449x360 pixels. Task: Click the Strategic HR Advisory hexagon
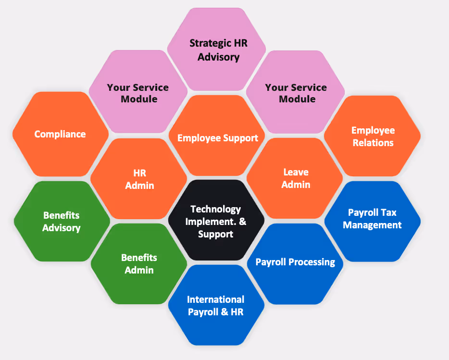(216, 50)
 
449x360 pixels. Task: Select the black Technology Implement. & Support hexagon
(216, 221)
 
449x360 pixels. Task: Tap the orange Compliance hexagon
(60, 134)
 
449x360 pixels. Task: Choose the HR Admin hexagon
(139, 178)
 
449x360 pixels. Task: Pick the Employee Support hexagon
(217, 138)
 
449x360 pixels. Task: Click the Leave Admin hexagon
(295, 178)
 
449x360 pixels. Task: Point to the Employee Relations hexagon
(373, 136)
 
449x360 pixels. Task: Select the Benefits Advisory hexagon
(62, 222)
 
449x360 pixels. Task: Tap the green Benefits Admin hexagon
(139, 263)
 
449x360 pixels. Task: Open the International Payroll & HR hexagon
(216, 306)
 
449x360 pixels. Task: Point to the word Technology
(216, 209)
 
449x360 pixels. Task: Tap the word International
(216, 299)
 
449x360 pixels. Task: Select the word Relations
(373, 143)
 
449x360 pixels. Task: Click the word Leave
(296, 172)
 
